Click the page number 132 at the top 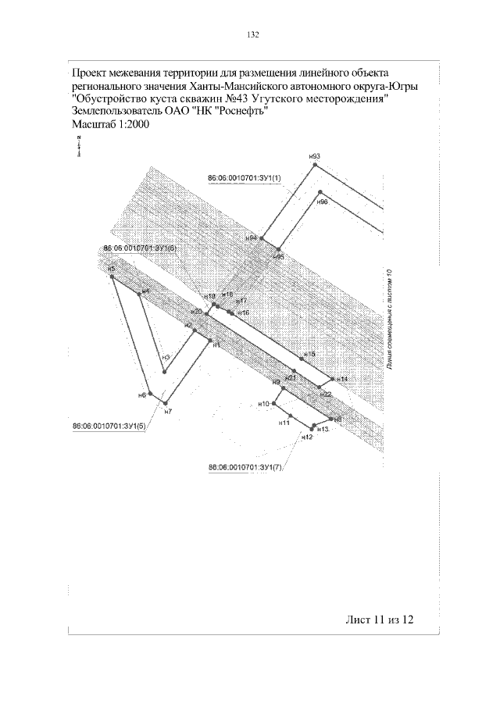tap(252, 34)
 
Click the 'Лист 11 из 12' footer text tap(378, 620)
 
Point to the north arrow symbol tap(79, 146)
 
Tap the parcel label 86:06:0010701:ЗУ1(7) tap(244, 467)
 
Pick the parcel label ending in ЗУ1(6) tap(140, 248)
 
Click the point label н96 tap(322, 202)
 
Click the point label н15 tap(310, 354)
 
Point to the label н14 tap(342, 379)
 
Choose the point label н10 tap(264, 404)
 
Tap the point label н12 tap(307, 437)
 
